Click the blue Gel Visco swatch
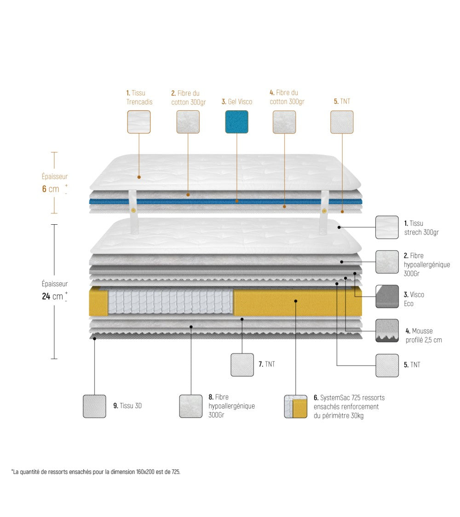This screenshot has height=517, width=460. [x=236, y=122]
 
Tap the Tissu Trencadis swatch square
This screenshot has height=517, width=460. [x=138, y=122]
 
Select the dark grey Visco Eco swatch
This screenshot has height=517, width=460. [x=387, y=296]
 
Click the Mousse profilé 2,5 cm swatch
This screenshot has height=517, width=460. [x=387, y=330]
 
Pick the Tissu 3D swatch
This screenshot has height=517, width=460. [x=94, y=406]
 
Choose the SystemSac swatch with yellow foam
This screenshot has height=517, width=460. [x=295, y=406]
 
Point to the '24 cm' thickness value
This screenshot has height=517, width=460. [x=52, y=296]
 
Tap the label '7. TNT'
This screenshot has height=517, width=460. [x=267, y=364]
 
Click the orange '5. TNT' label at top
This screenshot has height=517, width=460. [x=342, y=101]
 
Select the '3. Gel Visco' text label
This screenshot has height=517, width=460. [x=236, y=102]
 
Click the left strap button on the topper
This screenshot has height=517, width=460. [x=133, y=210]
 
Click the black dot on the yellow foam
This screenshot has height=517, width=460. [x=296, y=301]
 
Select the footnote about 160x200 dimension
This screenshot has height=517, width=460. [x=96, y=472]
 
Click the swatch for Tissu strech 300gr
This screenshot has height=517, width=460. [x=387, y=227]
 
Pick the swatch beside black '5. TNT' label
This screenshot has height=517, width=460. [x=387, y=365]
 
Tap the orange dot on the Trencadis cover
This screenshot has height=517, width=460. [x=139, y=177]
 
